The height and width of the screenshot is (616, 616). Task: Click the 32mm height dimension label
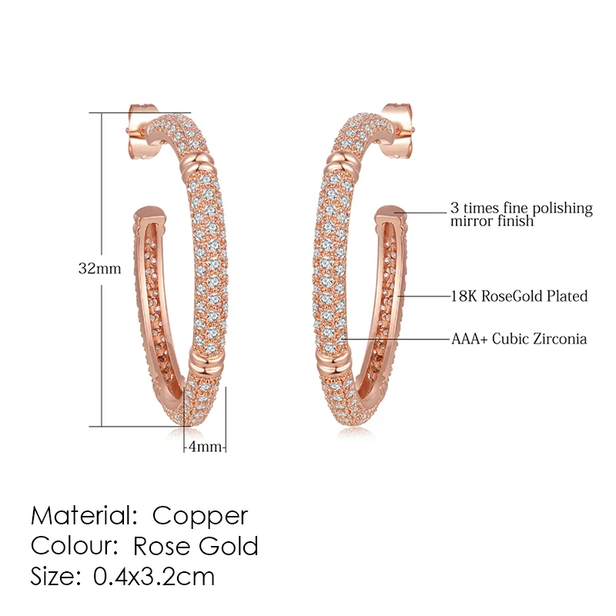pyautogui.click(x=100, y=269)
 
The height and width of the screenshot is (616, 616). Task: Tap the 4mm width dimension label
pyautogui.click(x=205, y=447)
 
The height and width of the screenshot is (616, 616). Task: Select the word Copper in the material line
pyautogui.click(x=200, y=516)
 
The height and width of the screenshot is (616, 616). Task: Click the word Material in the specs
pyautogui.click(x=84, y=515)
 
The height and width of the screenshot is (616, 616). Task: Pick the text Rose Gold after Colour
pyautogui.click(x=196, y=546)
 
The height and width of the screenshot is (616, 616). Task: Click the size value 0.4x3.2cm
pyautogui.click(x=153, y=576)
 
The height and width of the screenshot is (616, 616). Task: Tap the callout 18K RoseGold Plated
pyautogui.click(x=519, y=296)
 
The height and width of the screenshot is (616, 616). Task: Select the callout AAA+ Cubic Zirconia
pyautogui.click(x=519, y=339)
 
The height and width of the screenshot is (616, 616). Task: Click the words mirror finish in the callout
pyautogui.click(x=492, y=221)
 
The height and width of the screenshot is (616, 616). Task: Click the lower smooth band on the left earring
pyautogui.click(x=206, y=360)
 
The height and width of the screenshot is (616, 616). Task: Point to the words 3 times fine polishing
pyautogui.click(x=521, y=208)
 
